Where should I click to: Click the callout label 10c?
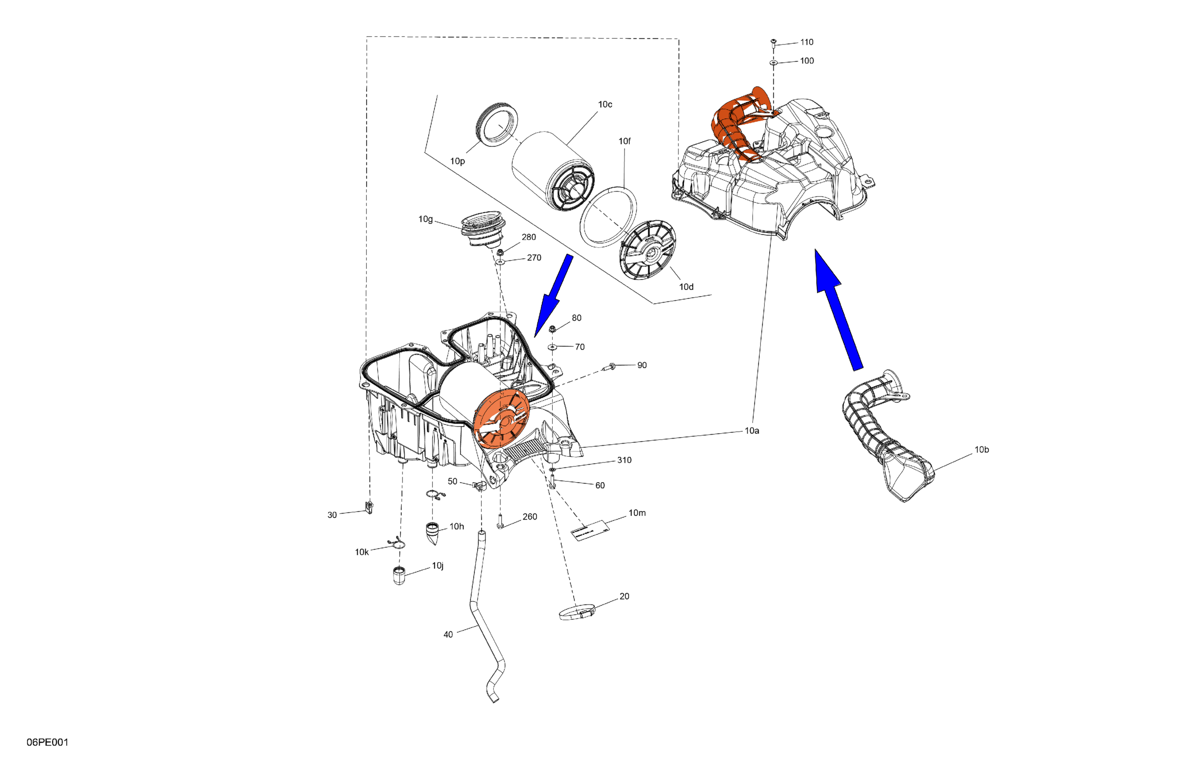pos(605,104)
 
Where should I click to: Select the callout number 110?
pos(806,42)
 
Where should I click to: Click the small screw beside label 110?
pos(774,43)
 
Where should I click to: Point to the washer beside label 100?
pos(774,63)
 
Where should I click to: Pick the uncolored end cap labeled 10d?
pos(648,250)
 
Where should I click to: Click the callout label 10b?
pos(982,449)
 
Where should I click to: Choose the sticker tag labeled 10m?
pos(590,531)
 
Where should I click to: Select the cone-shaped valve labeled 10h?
pos(433,533)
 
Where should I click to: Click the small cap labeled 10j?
pos(399,575)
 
